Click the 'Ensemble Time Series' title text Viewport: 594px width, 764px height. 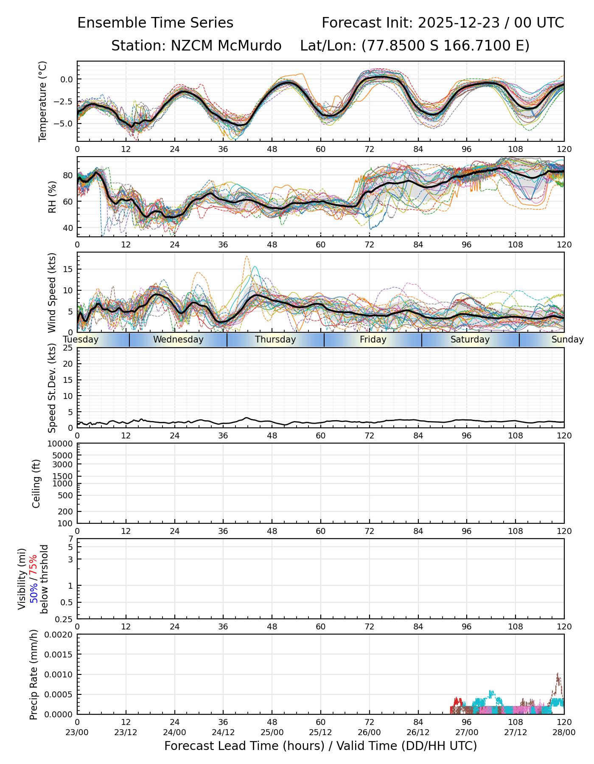155,23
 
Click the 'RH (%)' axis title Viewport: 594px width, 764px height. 52,197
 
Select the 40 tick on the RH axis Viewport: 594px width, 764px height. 68,228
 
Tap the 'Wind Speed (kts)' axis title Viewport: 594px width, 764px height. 52,292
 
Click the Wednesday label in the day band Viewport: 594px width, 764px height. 178,340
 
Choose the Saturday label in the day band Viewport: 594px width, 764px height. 470,340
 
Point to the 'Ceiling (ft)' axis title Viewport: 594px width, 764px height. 36,483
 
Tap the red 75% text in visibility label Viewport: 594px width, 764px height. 33,565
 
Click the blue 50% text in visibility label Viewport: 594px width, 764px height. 33,592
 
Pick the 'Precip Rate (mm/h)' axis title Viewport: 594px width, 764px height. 34,674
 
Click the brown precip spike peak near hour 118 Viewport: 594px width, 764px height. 558,674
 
